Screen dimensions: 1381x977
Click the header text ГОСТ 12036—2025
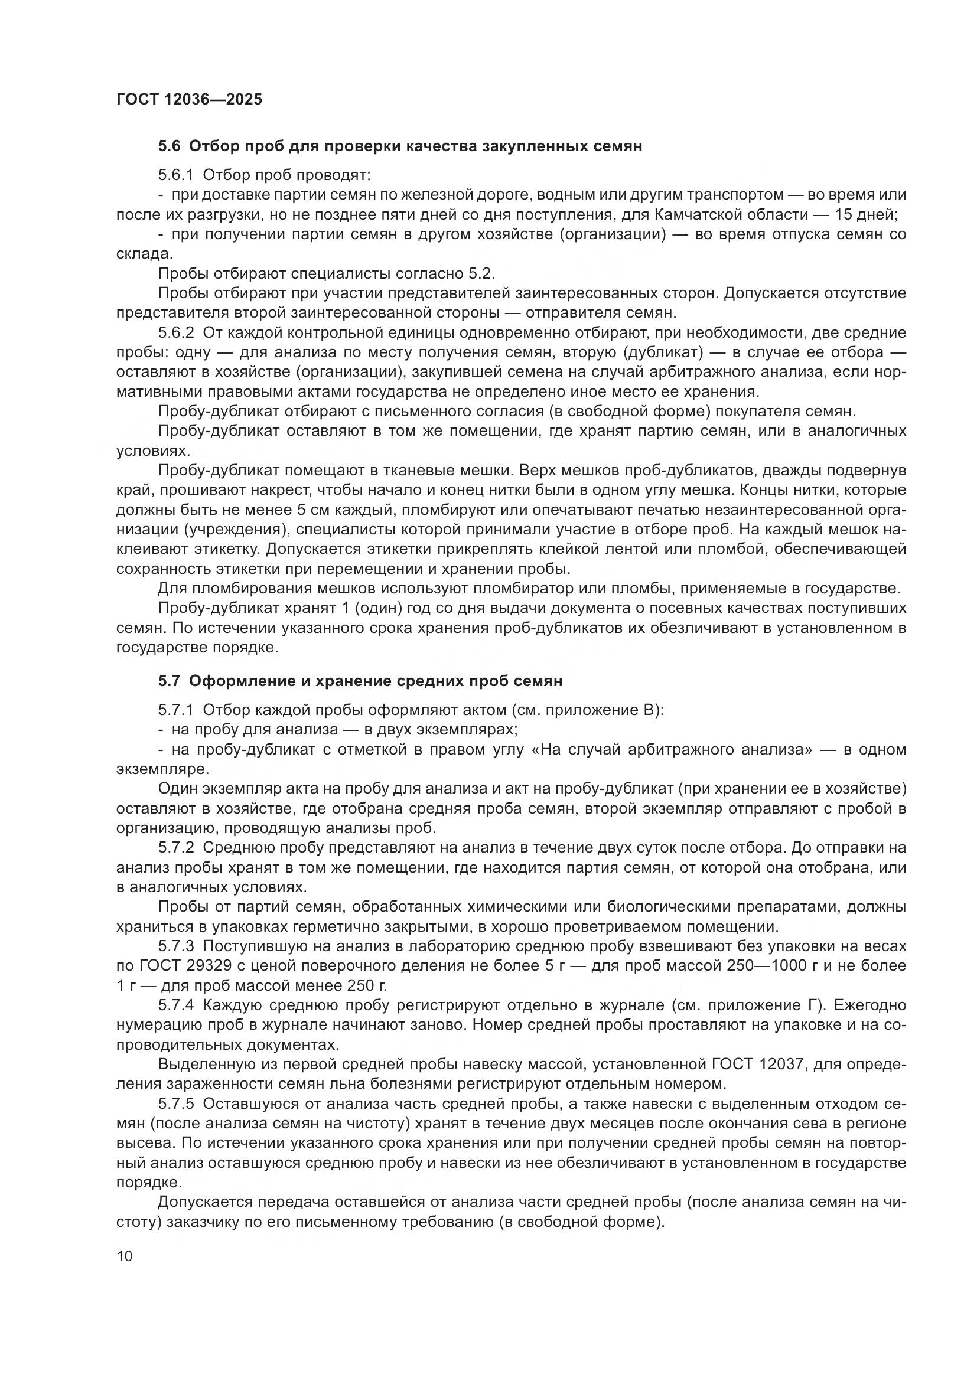(189, 99)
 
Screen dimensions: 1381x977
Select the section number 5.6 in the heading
(169, 146)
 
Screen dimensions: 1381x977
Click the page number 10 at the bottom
(124, 1256)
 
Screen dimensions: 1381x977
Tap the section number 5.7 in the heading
(169, 681)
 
